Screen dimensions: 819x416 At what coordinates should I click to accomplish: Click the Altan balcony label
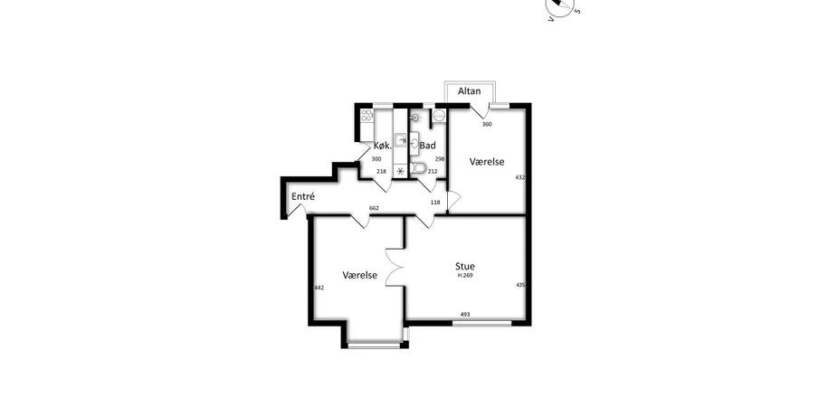click(x=469, y=91)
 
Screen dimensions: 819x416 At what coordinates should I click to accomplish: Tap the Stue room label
click(x=465, y=267)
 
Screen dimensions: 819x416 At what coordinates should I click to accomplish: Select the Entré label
click(x=303, y=197)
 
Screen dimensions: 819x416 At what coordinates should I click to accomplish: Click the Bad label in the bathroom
click(x=427, y=146)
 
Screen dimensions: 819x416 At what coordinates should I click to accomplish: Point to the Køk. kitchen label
click(x=383, y=146)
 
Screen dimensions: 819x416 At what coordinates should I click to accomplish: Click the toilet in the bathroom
click(x=418, y=167)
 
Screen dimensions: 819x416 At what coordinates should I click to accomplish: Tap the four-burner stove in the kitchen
click(x=367, y=116)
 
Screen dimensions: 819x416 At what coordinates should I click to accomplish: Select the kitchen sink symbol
click(x=401, y=140)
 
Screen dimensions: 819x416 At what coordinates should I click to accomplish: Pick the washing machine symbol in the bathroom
click(x=439, y=116)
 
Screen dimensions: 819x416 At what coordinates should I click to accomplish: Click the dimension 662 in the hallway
click(x=374, y=208)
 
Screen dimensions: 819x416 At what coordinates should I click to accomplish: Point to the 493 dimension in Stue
click(x=465, y=314)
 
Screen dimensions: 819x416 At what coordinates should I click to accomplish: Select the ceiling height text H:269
click(x=465, y=276)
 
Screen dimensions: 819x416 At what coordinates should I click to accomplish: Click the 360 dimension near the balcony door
click(x=487, y=124)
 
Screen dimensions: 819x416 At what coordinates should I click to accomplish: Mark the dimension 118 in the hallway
click(x=435, y=203)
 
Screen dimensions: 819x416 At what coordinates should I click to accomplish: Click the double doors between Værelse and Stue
click(x=395, y=267)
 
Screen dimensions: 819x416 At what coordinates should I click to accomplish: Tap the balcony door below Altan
click(x=481, y=111)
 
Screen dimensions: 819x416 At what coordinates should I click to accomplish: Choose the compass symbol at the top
click(x=559, y=6)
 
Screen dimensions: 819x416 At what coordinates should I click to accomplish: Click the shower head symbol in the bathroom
click(x=414, y=118)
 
